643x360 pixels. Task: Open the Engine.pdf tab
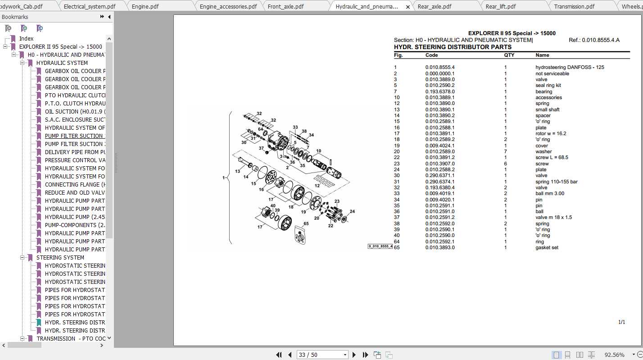pyautogui.click(x=145, y=6)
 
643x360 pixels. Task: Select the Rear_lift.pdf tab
pyautogui.click(x=500, y=6)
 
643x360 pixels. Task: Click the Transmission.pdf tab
pyautogui.click(x=574, y=6)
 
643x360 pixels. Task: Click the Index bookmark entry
pyautogui.click(x=26, y=38)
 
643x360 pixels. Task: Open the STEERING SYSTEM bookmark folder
pyautogui.click(x=60, y=257)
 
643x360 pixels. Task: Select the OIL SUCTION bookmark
pyautogui.click(x=74, y=111)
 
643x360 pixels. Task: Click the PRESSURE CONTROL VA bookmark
pyautogui.click(x=74, y=160)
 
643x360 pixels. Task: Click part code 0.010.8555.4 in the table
pyautogui.click(x=440, y=67)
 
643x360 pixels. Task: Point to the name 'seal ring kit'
pyautogui.click(x=548, y=85)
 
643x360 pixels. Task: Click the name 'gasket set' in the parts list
pyautogui.click(x=547, y=247)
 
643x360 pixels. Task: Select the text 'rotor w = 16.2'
pyautogui.click(x=551, y=133)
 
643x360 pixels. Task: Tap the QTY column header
pyautogui.click(x=509, y=55)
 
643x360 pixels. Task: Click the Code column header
pyautogui.click(x=431, y=55)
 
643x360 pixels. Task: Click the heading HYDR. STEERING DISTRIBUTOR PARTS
pyautogui.click(x=453, y=47)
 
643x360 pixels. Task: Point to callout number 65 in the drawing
pyautogui.click(x=306, y=223)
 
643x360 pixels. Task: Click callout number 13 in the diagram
pyautogui.click(x=237, y=171)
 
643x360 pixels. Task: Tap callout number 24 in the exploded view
pyautogui.click(x=352, y=211)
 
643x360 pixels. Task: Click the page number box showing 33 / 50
pyautogui.click(x=322, y=355)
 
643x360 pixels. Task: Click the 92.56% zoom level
pyautogui.click(x=614, y=355)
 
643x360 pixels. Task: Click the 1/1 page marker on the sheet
pyautogui.click(x=621, y=322)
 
